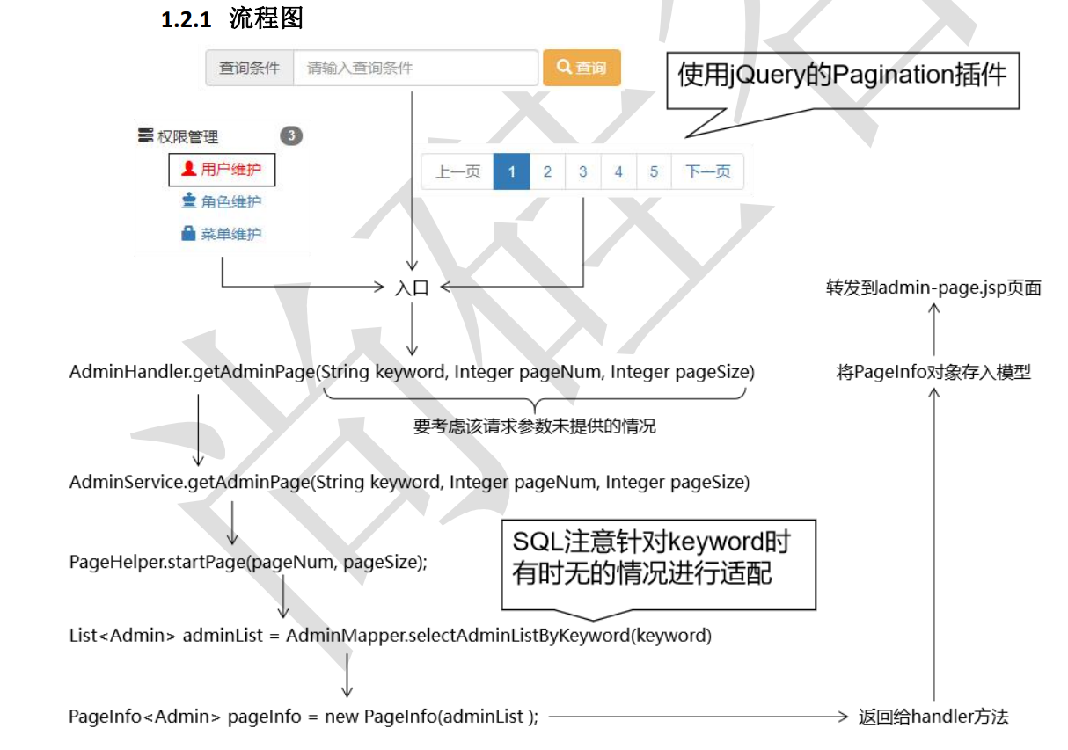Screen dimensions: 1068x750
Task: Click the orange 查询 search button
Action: coord(582,68)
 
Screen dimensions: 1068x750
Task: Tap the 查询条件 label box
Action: coord(250,68)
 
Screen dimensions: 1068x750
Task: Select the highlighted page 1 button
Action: coord(511,171)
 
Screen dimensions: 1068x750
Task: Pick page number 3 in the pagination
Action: coord(582,171)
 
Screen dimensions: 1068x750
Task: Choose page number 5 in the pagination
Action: coord(654,171)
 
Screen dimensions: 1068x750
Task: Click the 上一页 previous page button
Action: coord(457,171)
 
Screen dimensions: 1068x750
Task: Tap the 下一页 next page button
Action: coord(707,171)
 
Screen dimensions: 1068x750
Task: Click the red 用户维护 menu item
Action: coord(222,169)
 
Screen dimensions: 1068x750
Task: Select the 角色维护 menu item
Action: coord(222,201)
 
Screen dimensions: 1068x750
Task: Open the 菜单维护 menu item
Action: coord(222,234)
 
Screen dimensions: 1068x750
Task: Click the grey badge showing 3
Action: coord(291,136)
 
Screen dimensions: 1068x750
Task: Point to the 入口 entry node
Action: coord(412,288)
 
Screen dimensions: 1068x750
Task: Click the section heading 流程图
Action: coord(266,18)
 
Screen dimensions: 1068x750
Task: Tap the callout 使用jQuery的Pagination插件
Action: coord(842,76)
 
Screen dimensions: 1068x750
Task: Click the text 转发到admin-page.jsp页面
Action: coord(933,288)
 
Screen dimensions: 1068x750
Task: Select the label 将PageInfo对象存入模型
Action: coord(933,372)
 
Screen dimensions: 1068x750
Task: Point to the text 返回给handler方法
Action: coord(933,717)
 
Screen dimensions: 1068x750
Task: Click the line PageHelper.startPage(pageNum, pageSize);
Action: coord(248,562)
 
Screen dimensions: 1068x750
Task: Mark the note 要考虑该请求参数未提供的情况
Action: coord(535,426)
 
